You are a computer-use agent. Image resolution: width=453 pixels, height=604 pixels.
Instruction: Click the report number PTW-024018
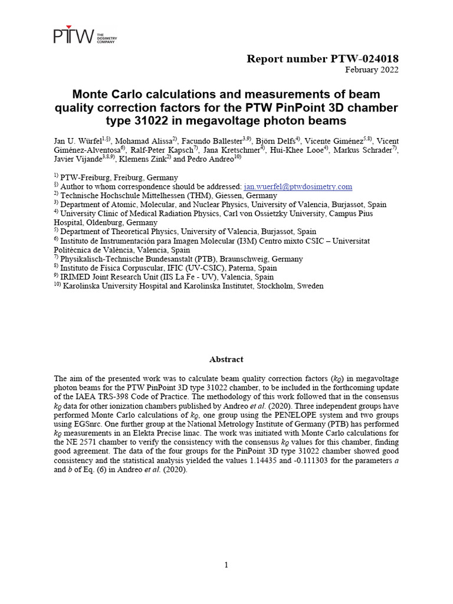point(322,58)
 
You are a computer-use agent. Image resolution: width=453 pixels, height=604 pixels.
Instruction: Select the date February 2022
point(372,70)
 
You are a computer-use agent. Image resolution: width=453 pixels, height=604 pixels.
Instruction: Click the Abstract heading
point(226,359)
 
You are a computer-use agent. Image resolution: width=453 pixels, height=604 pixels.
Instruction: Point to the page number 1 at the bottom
point(226,565)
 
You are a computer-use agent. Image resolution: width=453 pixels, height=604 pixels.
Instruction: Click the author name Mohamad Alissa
point(142,141)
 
